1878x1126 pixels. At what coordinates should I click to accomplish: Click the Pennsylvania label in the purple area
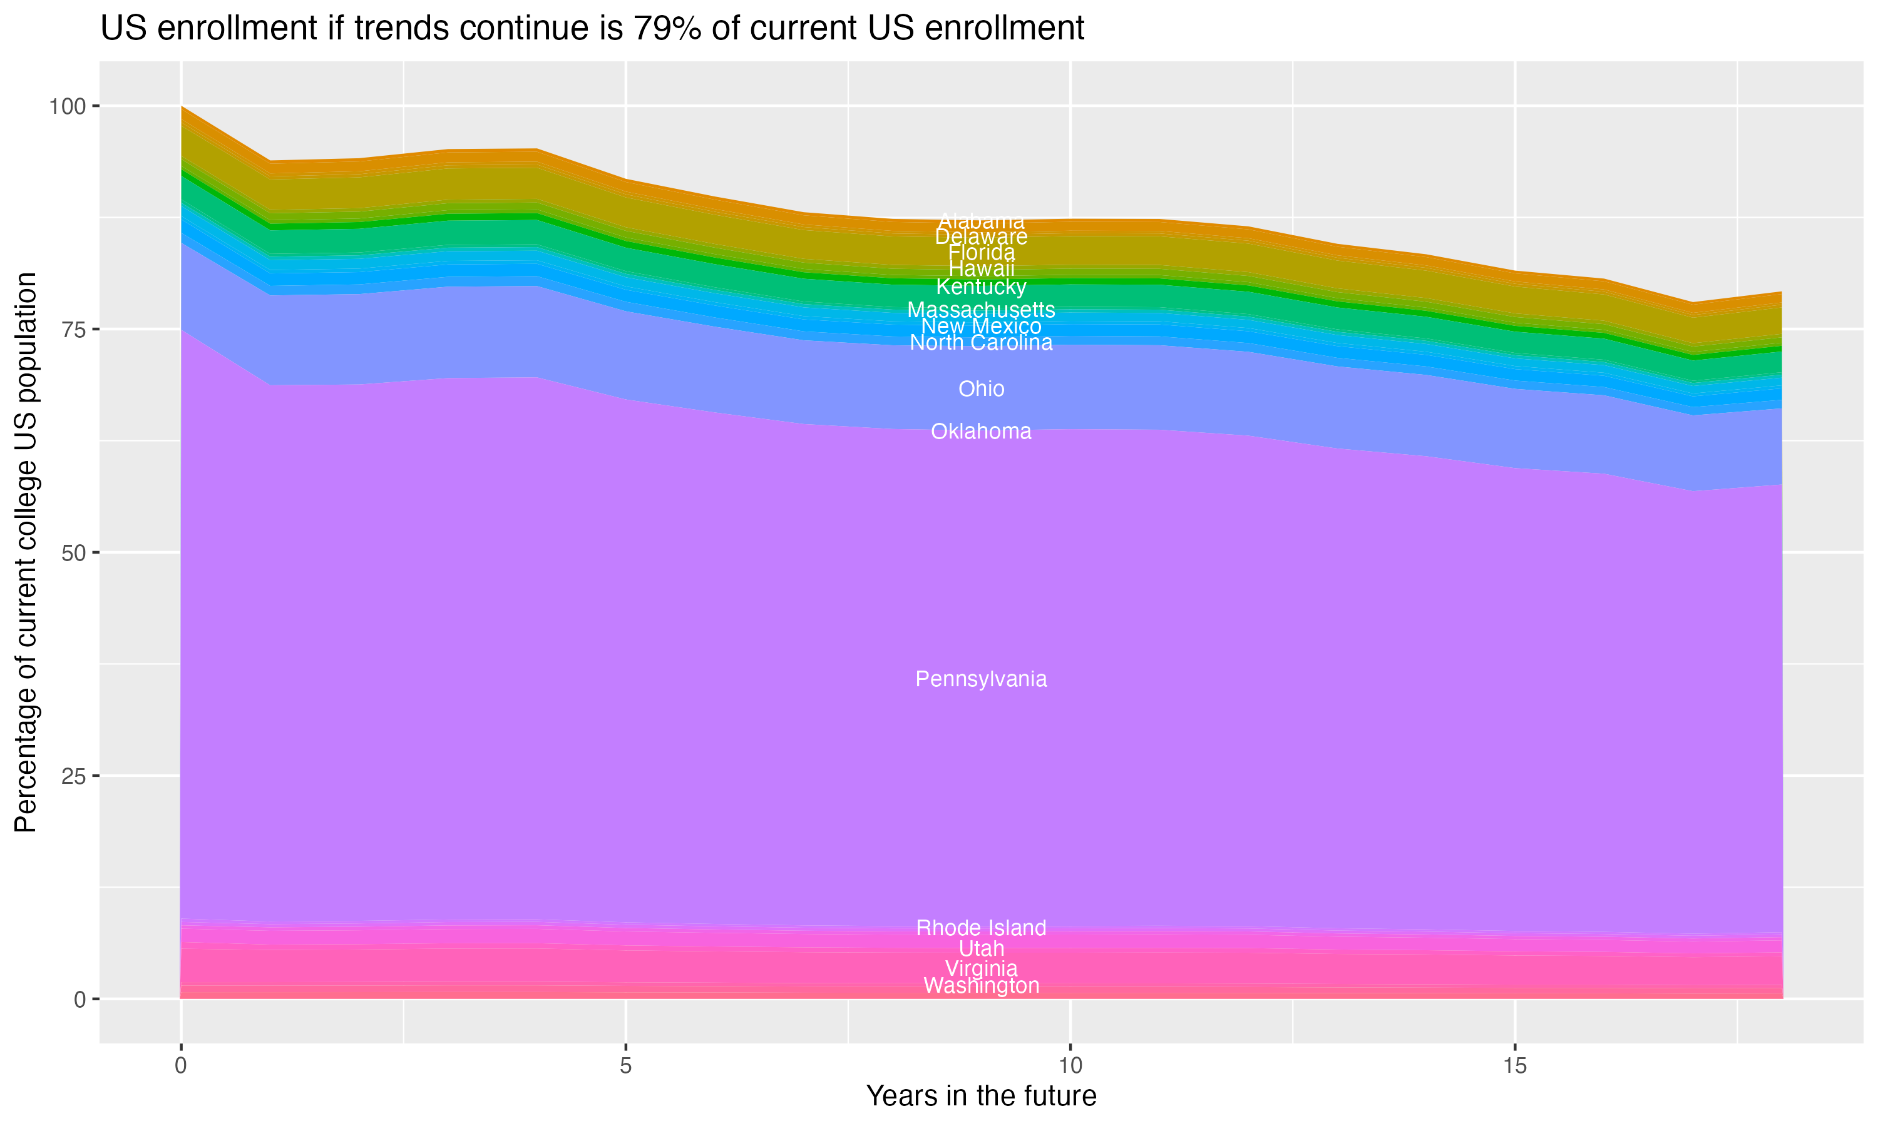981,679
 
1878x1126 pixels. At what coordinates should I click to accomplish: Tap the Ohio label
981,389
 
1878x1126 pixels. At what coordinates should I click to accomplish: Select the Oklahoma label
981,432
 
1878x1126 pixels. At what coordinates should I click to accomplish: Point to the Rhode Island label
981,928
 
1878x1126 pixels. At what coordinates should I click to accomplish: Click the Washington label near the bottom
981,986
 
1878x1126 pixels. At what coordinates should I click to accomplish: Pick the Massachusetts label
981,310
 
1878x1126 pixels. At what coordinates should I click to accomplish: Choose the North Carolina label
981,343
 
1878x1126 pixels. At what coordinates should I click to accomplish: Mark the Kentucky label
981,287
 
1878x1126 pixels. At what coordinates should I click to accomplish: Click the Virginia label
981,968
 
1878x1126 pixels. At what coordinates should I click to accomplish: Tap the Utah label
981,948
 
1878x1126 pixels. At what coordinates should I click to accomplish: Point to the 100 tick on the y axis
67,106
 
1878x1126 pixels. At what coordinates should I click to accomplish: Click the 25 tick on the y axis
73,776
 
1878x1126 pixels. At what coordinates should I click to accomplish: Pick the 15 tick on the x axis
1514,1066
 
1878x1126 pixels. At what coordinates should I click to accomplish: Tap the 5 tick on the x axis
625,1066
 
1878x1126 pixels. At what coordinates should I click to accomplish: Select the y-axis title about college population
26,552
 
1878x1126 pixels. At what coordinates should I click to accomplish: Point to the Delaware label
981,236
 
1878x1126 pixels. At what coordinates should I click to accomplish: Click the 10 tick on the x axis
1070,1066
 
